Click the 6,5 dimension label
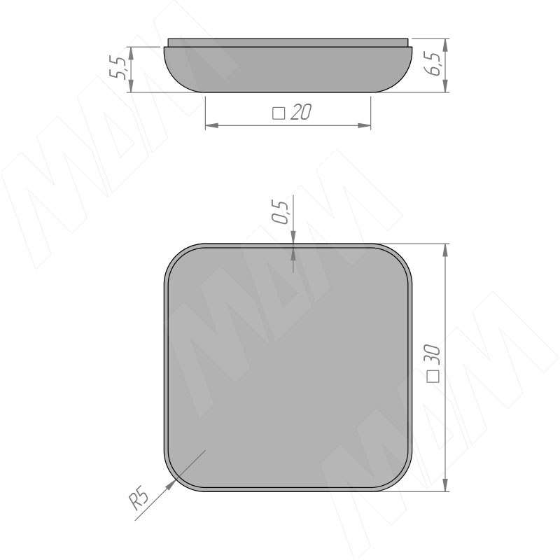click(433, 64)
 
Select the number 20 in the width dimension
click(301, 112)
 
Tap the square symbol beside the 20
click(279, 113)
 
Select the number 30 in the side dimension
click(433, 355)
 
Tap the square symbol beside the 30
click(433, 377)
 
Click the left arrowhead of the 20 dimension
click(212, 125)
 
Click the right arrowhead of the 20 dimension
click(364, 125)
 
